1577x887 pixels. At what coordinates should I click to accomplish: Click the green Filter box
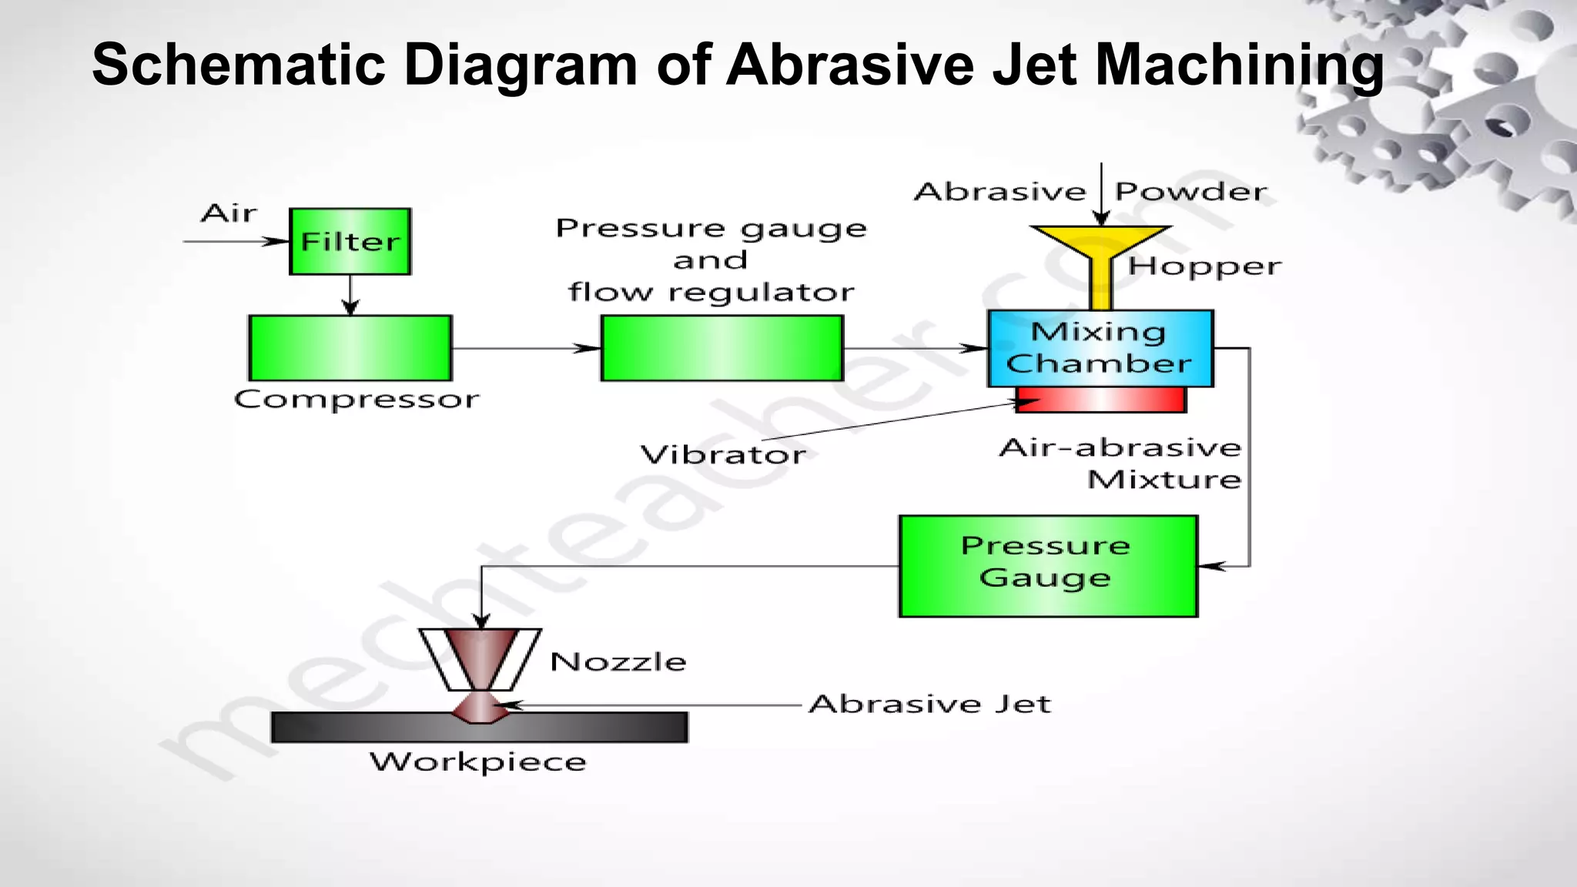[350, 241]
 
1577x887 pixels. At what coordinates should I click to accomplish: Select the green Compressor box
[350, 348]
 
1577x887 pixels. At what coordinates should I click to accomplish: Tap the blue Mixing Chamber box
[1100, 348]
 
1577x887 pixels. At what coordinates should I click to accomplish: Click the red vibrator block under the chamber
[1101, 400]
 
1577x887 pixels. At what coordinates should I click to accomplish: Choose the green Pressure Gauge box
[1048, 566]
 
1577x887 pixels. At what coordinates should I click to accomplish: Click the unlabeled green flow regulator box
[722, 348]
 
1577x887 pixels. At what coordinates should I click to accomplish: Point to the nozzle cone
[480, 658]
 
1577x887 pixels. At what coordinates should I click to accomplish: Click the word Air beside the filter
[229, 213]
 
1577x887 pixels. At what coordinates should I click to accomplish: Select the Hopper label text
[1204, 267]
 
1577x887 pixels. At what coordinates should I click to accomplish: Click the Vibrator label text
[723, 454]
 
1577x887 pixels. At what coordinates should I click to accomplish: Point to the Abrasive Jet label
[929, 704]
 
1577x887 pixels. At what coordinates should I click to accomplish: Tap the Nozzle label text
[618, 661]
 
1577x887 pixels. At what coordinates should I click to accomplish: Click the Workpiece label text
[478, 762]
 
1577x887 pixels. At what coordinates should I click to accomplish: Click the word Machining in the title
[1239, 65]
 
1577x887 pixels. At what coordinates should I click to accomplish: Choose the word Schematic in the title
[238, 65]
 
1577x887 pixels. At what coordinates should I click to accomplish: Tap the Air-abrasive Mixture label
[1121, 464]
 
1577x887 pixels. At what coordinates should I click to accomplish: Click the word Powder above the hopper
[1190, 192]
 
